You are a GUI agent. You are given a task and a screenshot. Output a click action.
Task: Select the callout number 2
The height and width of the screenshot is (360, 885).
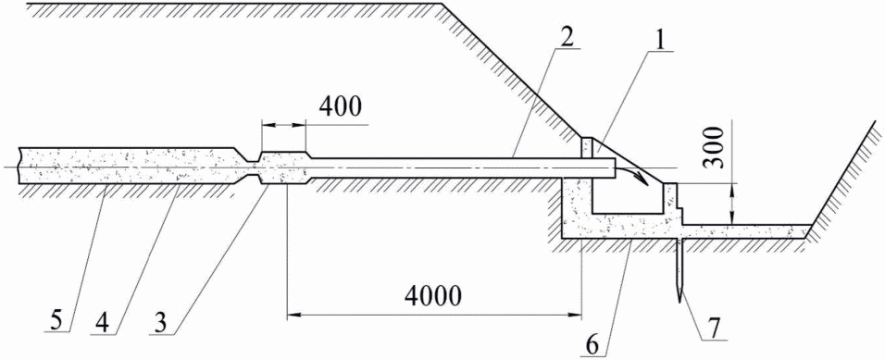(x=567, y=37)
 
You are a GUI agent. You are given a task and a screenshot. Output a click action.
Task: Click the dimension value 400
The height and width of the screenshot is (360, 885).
(x=338, y=107)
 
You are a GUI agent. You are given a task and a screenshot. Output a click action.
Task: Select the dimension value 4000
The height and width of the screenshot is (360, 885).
(x=432, y=295)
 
